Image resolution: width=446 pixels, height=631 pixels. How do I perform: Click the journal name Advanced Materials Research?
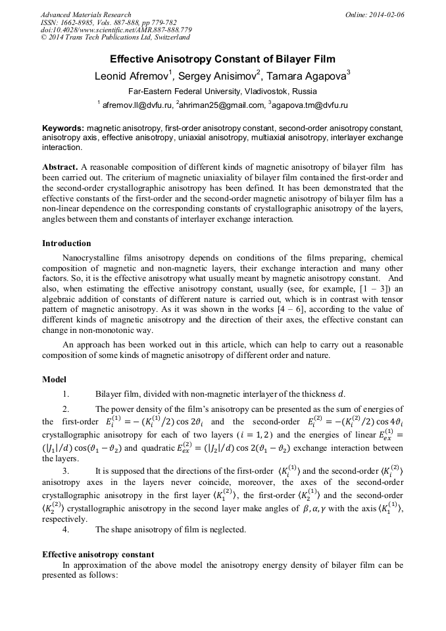click(86, 14)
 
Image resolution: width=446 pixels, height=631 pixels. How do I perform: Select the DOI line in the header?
click(116, 30)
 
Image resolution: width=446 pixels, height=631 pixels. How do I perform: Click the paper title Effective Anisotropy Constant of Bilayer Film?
click(223, 59)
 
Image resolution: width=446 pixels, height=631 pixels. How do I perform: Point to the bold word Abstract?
click(61, 167)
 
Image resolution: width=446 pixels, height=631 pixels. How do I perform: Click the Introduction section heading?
click(66, 243)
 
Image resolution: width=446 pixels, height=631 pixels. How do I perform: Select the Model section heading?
click(55, 380)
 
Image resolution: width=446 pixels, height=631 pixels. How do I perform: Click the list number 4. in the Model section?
click(66, 530)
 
